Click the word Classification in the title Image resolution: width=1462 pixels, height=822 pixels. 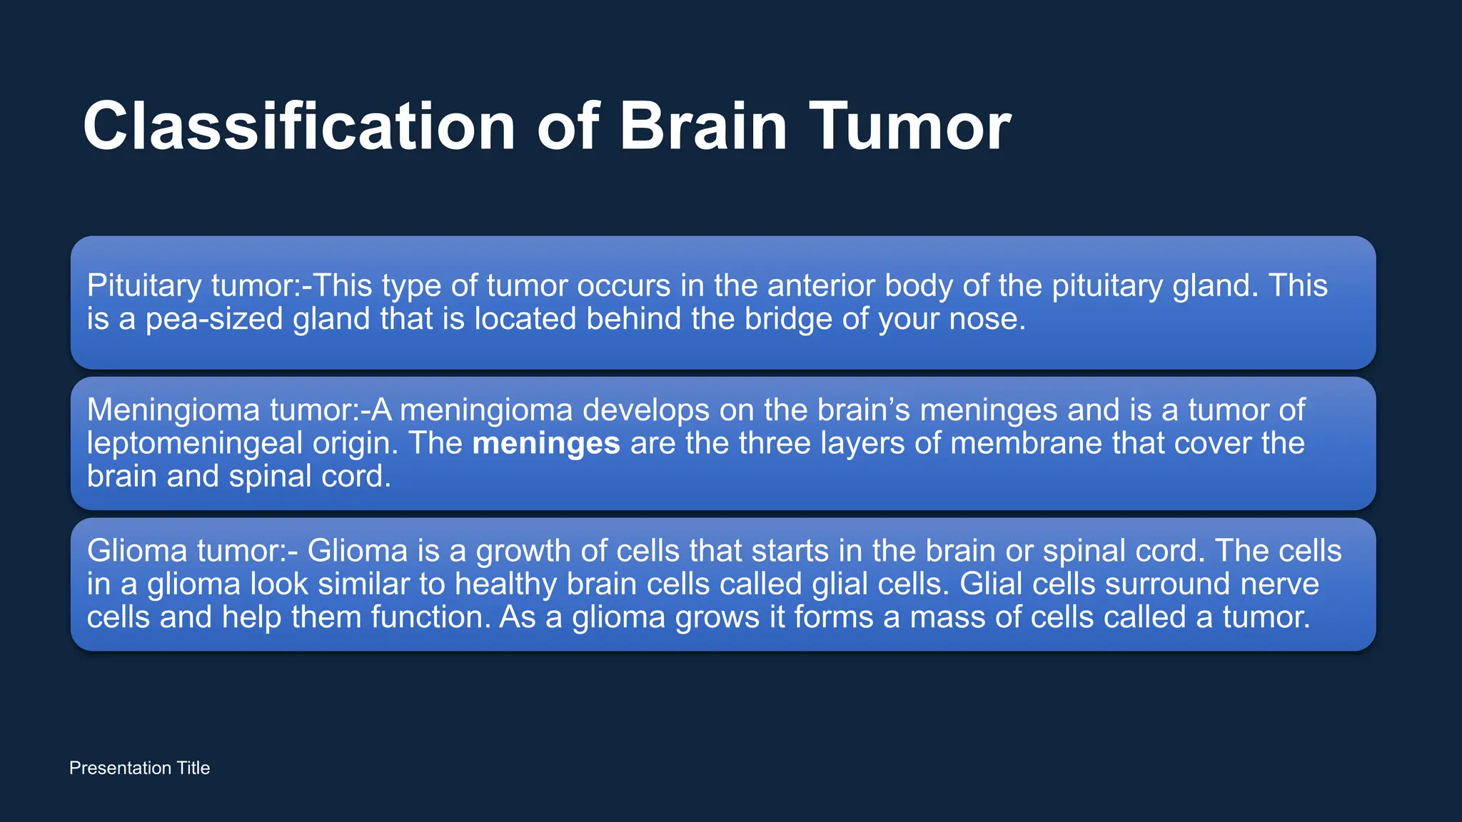click(298, 126)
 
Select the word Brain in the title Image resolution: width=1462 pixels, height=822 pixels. click(703, 126)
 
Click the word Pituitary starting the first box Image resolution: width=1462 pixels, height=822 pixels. click(144, 286)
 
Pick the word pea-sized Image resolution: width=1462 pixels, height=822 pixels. click(214, 319)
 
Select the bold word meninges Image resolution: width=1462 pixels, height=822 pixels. click(546, 444)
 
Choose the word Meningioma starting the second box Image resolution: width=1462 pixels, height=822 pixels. click(173, 410)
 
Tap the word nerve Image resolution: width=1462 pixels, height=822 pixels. click(1279, 584)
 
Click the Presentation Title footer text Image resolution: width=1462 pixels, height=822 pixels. click(139, 768)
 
